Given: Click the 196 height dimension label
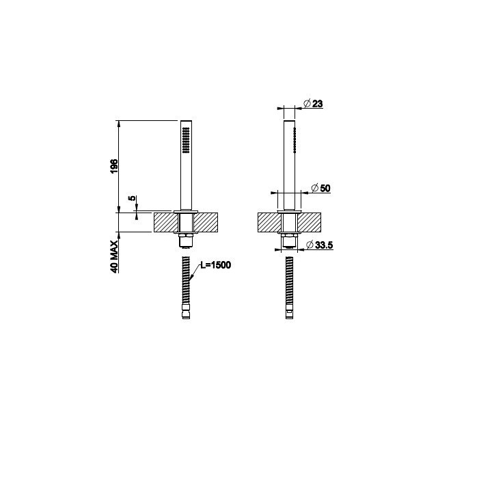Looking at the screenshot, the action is point(114,166).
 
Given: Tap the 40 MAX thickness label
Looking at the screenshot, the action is point(114,257).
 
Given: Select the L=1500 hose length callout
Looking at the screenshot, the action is point(215,265).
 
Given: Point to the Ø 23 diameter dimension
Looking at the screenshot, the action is point(314,104).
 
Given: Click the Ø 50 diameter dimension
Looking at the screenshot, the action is point(320,188).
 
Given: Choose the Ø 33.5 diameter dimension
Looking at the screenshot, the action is point(319,245).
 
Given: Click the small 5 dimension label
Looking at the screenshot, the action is point(133,198).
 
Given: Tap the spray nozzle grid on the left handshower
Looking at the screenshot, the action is point(186,140).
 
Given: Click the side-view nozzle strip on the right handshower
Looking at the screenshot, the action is point(295,140).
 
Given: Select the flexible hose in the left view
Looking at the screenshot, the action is point(186,280).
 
